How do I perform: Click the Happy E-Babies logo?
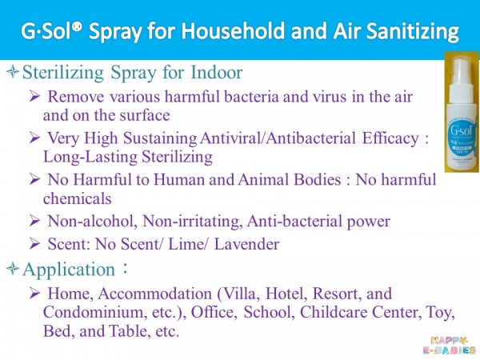coord(450,346)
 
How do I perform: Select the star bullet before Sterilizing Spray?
coord(13,73)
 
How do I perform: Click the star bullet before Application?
coord(13,269)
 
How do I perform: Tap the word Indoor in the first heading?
coord(217,73)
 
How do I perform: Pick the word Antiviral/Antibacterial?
coord(278,138)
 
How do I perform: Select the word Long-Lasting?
coord(90,158)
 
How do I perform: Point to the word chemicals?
coord(77,198)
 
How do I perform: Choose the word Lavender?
coord(246,244)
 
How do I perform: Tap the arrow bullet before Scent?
coord(35,244)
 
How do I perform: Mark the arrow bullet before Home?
coord(35,294)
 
